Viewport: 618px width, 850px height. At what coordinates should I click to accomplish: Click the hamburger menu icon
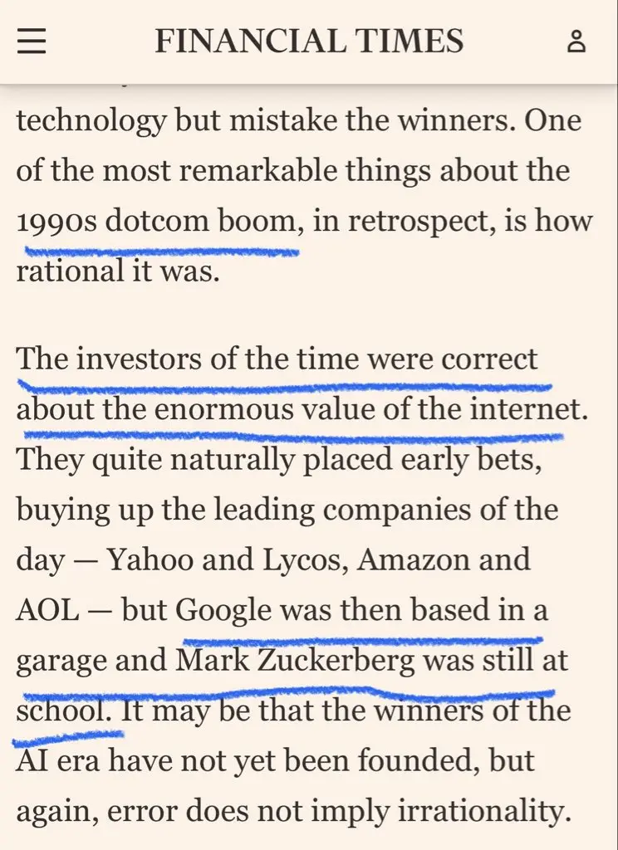point(32,41)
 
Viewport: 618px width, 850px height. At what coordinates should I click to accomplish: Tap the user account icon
point(576,41)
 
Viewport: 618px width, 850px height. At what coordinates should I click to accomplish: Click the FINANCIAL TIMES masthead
point(309,41)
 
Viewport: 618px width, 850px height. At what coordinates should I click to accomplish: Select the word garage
point(61,662)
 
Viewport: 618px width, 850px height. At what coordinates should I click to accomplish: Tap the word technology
point(91,122)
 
